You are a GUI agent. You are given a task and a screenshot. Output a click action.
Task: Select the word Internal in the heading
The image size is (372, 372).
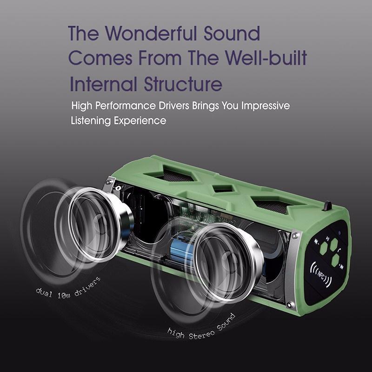103,86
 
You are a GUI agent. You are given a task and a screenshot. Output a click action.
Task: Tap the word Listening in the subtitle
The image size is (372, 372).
92,121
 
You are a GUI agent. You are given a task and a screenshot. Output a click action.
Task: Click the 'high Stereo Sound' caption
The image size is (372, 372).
201,325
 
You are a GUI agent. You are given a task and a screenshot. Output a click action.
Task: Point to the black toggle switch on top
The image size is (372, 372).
328,205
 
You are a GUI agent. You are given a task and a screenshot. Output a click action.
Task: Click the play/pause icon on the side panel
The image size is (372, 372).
328,240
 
